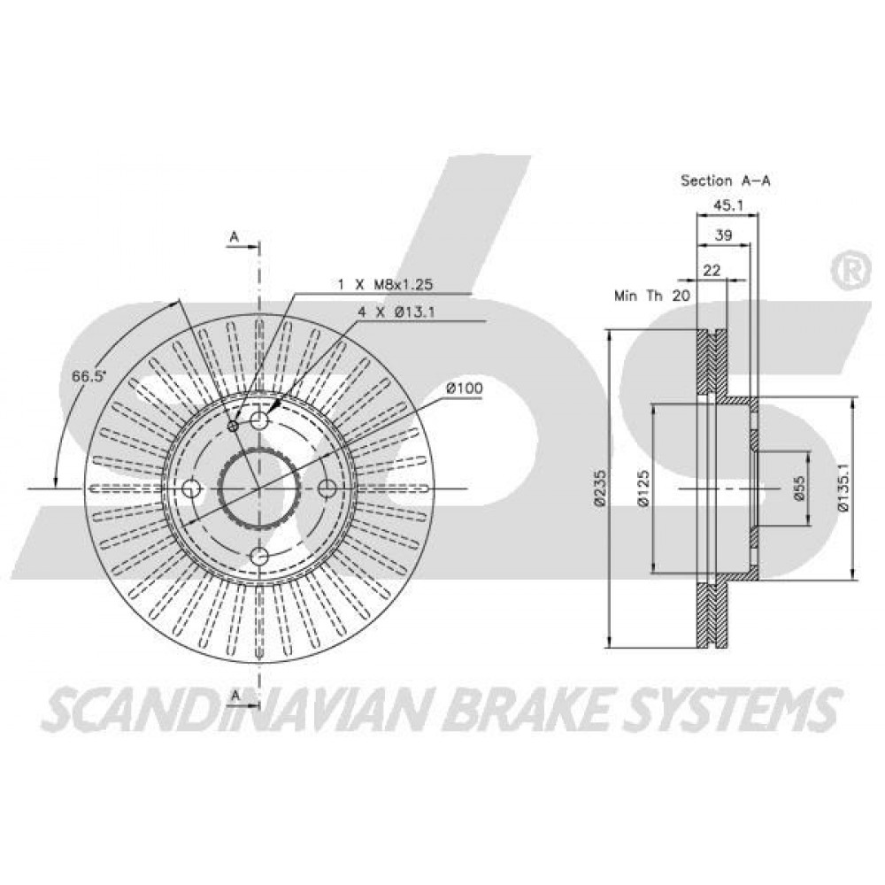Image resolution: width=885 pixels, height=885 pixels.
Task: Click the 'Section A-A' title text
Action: pyautogui.click(x=726, y=181)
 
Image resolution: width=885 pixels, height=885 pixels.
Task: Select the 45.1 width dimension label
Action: pyautogui.click(x=728, y=205)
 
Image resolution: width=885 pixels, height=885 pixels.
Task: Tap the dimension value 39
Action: pyautogui.click(x=723, y=235)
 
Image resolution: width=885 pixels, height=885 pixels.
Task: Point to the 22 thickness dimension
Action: pyautogui.click(x=712, y=270)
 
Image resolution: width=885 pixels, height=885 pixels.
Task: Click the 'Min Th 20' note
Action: pyautogui.click(x=652, y=296)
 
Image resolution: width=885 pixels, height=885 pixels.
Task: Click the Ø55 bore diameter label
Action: pyautogui.click(x=798, y=488)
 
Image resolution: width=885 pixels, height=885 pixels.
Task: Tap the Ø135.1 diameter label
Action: pyautogui.click(x=843, y=488)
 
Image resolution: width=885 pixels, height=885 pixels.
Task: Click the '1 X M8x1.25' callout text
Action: pyautogui.click(x=385, y=284)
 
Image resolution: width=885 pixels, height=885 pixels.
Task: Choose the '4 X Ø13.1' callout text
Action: pyautogui.click(x=396, y=312)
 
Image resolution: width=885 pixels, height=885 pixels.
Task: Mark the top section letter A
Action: pyautogui.click(x=235, y=237)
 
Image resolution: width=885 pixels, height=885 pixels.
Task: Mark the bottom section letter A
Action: pyautogui.click(x=235, y=696)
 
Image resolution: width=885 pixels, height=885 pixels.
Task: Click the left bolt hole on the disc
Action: pyautogui.click(x=192, y=489)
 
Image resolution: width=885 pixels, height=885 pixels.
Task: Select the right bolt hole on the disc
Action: pyautogui.click(x=327, y=489)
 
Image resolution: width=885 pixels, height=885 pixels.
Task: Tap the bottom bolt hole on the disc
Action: pyautogui.click(x=259, y=557)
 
